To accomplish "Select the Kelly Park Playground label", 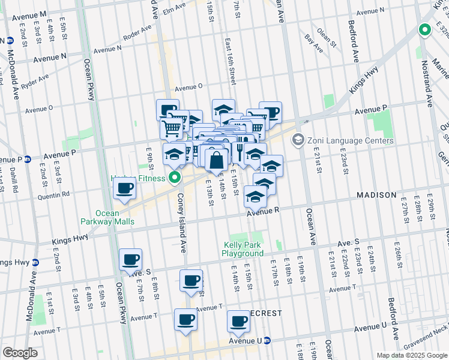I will click(243, 249).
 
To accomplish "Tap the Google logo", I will click(20, 352).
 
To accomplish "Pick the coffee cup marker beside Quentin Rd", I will click(125, 189).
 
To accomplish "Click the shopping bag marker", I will click(216, 160).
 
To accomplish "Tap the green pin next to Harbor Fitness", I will click(175, 177).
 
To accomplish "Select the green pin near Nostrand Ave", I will click(425, 29).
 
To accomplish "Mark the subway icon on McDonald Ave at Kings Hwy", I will click(35, 262).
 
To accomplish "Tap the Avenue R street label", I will click(263, 211).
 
